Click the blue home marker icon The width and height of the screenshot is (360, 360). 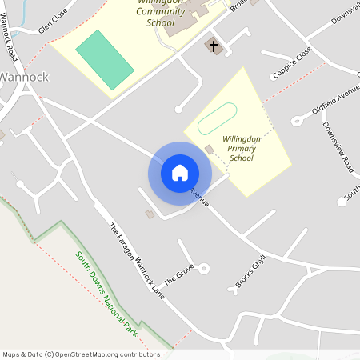point(180,172)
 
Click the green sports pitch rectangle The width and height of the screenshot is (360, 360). point(104,59)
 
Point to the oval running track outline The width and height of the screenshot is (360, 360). point(217,119)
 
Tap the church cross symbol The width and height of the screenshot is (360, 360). point(214,46)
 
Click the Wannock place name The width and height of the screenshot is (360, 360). point(24,78)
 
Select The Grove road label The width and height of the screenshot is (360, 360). point(179,277)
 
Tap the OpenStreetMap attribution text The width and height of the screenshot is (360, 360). point(81,354)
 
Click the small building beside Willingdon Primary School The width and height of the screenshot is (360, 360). point(210,150)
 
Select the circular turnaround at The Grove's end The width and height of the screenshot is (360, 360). point(204,269)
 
